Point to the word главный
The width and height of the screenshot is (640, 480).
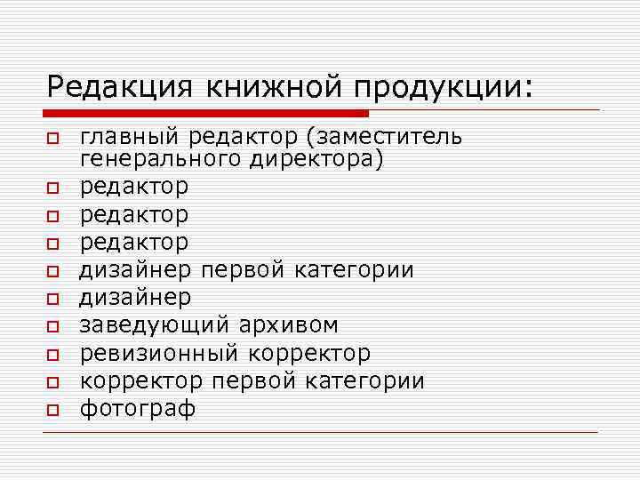click(130, 138)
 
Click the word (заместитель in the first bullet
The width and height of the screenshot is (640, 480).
click(387, 137)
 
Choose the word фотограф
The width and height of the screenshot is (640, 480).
click(138, 408)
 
